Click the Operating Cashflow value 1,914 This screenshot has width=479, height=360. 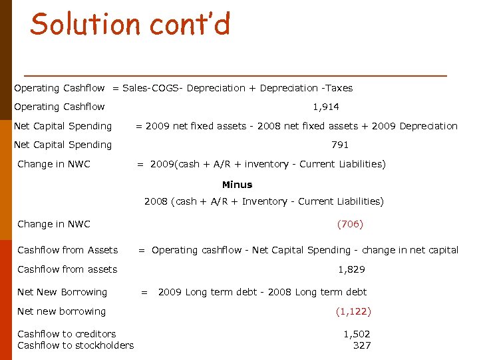(x=326, y=107)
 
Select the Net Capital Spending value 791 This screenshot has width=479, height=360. (x=340, y=145)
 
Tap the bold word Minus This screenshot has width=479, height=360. (x=238, y=185)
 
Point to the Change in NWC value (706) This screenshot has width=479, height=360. (x=350, y=224)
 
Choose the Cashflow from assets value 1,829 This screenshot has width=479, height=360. (x=351, y=269)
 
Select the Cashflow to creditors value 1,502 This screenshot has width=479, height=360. (x=357, y=334)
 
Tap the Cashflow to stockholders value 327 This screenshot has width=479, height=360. (x=362, y=345)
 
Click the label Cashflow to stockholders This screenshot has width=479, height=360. (x=75, y=345)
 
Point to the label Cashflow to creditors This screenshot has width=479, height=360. (x=67, y=334)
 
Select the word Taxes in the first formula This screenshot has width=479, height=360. (x=339, y=88)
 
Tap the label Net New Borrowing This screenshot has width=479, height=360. (x=62, y=292)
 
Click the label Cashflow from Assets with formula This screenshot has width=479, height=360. (x=67, y=250)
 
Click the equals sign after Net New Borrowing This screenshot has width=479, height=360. (x=144, y=292)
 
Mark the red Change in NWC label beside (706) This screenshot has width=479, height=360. (x=54, y=224)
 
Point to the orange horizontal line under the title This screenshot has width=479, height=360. (x=234, y=75)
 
